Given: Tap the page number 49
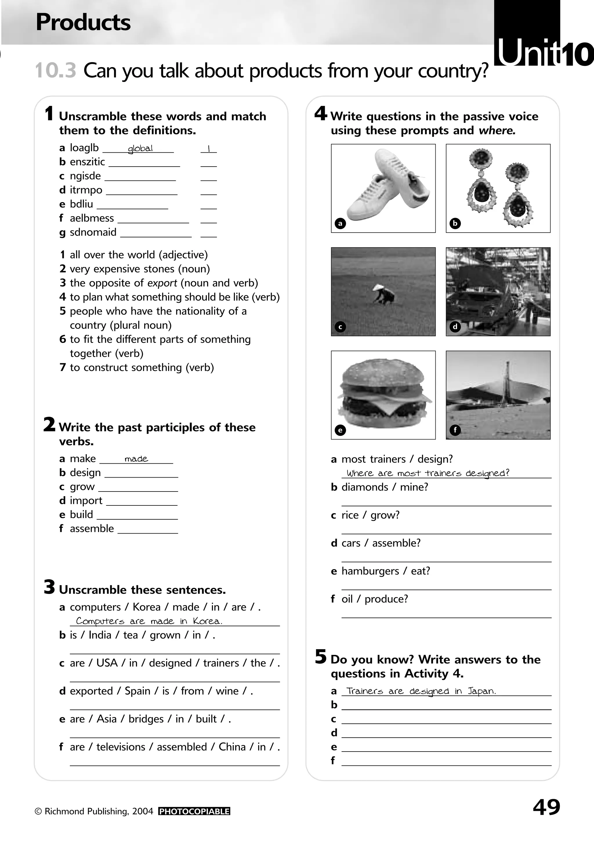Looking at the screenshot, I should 546,807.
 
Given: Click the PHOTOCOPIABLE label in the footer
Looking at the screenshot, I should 194,811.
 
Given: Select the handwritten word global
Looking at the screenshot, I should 140,148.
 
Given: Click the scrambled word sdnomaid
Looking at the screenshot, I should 93,232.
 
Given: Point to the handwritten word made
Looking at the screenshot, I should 136,459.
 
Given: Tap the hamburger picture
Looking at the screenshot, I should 383,395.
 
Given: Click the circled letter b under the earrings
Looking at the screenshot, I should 455,223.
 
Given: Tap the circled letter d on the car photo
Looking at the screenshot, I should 455,326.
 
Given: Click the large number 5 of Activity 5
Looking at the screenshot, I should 320,656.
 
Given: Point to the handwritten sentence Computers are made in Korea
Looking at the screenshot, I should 149,621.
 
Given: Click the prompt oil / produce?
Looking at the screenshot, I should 374,599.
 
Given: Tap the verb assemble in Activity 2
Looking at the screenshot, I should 92,529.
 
